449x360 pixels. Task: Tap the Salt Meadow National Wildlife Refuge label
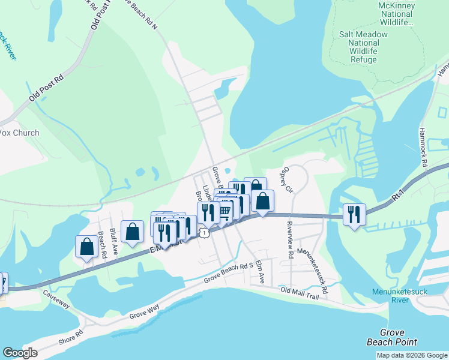(x=363, y=47)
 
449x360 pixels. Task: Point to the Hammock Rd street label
(x=423, y=146)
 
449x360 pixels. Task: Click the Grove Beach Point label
(x=392, y=337)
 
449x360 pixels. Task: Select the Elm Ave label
(x=260, y=272)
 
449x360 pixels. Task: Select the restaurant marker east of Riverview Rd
(x=354, y=214)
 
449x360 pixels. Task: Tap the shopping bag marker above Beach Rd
(x=86, y=246)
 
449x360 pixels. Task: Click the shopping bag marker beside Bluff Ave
(x=132, y=232)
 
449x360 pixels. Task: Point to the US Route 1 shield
(x=205, y=232)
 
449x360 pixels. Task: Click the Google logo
(x=20, y=353)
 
